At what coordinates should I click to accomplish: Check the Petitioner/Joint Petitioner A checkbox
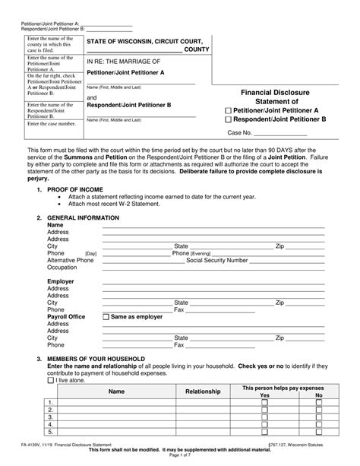pyautogui.click(x=229, y=110)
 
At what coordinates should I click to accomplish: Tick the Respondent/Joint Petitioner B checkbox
pyautogui.click(x=229, y=120)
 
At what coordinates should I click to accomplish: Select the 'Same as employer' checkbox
pyautogui.click(x=106, y=316)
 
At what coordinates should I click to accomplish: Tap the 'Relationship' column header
pyautogui.click(x=203, y=392)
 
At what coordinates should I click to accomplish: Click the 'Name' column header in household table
pyautogui.click(x=116, y=392)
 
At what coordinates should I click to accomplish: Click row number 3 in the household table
pyautogui.click(x=51, y=417)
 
